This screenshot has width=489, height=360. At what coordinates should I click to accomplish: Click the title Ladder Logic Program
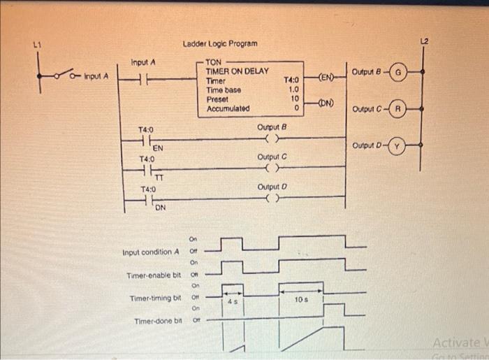pyautogui.click(x=220, y=44)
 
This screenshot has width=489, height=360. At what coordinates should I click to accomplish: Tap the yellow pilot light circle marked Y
pyautogui.click(x=397, y=146)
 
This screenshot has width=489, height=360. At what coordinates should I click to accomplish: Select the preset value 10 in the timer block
pyautogui.click(x=294, y=99)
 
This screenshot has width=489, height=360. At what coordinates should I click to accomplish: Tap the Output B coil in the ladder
pyautogui.click(x=272, y=138)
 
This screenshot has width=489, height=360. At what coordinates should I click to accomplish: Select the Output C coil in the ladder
pyautogui.click(x=272, y=168)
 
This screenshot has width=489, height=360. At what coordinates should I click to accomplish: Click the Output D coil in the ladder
pyautogui.click(x=272, y=198)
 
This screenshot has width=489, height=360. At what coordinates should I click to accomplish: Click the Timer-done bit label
pyautogui.click(x=158, y=321)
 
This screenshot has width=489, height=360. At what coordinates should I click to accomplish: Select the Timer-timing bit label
pyautogui.click(x=155, y=298)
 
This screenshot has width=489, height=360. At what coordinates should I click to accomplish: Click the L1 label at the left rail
pyautogui.click(x=36, y=45)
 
